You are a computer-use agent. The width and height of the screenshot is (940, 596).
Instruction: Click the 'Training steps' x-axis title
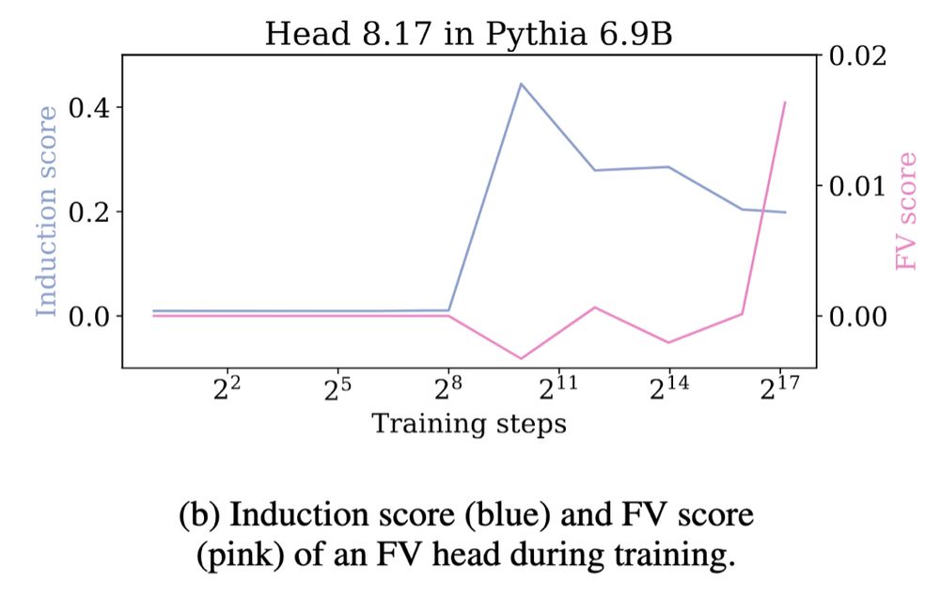click(469, 424)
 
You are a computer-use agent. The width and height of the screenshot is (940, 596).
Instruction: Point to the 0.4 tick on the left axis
click(91, 107)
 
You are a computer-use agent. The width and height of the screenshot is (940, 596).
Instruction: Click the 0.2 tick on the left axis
click(91, 212)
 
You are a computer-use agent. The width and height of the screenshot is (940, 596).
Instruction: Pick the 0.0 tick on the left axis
click(91, 316)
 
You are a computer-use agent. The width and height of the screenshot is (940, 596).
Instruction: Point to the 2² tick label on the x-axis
click(227, 389)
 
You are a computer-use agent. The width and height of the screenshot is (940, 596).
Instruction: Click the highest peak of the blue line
click(521, 84)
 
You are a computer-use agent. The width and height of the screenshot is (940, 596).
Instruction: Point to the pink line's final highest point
click(785, 102)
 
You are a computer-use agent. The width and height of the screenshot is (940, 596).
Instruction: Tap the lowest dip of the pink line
click(521, 358)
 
